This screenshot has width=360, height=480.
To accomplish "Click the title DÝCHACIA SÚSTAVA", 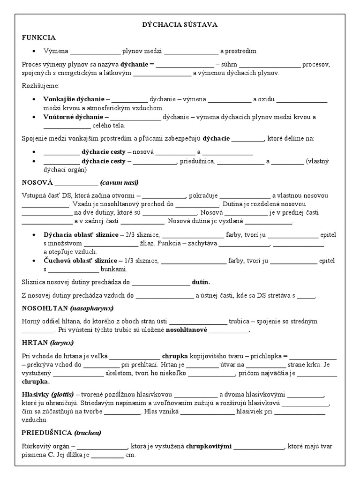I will tap(180, 24).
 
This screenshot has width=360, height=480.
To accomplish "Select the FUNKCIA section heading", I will tap(39, 37).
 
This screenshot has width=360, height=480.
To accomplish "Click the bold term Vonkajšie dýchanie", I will tap(74, 99).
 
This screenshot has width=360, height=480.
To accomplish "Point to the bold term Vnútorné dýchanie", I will tap(73, 117).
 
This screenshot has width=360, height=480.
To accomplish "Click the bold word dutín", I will tap(201, 282).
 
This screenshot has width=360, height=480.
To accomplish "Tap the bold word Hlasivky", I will tap(36, 394).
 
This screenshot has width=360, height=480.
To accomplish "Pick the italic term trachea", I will tap(88, 432).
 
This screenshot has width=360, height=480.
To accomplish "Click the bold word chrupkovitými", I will tap(209, 446).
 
